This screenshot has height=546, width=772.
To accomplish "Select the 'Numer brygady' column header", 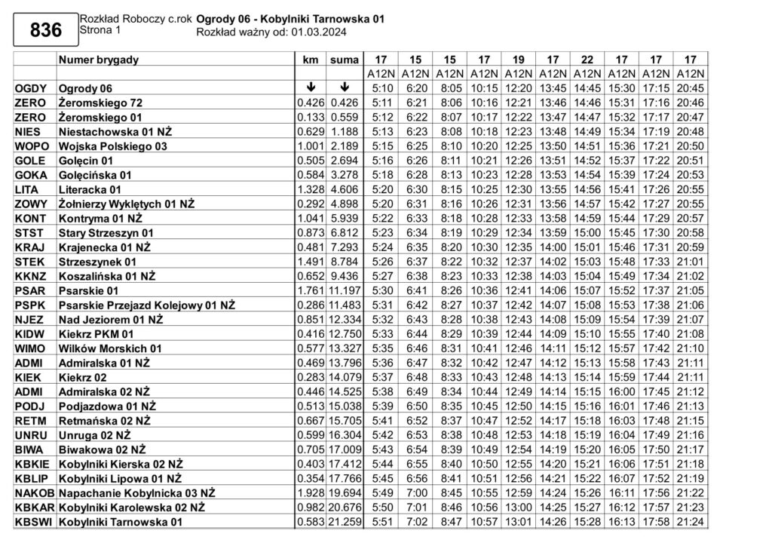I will (98, 60).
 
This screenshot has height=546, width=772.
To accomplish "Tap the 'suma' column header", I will (344, 60).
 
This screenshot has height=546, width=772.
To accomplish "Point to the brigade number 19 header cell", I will (518, 60).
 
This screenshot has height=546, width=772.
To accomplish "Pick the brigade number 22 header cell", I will (587, 60).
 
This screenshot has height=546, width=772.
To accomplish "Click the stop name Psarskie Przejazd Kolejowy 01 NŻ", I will (147, 305).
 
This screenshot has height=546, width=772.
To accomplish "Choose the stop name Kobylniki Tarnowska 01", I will (121, 521).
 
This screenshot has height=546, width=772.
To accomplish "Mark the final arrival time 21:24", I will (690, 521).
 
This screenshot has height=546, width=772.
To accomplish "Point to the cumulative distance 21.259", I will (344, 521).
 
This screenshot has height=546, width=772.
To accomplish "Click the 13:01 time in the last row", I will (518, 521).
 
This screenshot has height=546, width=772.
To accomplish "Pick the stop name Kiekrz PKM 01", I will (96, 333).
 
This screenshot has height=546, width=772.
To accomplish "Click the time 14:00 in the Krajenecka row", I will (553, 247).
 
